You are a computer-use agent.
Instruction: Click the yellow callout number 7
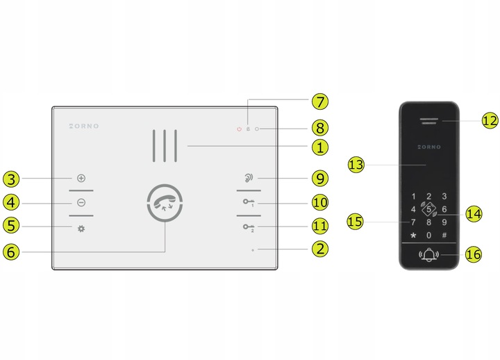(320, 101)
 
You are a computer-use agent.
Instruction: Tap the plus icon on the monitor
(81, 178)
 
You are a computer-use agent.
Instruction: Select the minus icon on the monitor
(81, 202)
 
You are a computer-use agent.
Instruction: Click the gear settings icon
(81, 229)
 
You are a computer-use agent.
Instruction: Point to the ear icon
(249, 178)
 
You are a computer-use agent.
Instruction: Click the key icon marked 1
(249, 202)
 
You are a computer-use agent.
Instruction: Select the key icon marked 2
(249, 227)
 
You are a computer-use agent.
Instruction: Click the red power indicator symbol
(239, 129)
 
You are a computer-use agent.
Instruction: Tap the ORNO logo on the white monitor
(84, 126)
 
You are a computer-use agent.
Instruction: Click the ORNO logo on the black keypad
(429, 147)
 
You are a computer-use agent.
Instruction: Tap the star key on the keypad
(413, 236)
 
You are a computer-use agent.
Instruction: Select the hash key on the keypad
(444, 235)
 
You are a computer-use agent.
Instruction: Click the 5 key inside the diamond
(429, 209)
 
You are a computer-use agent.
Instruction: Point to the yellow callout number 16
(473, 254)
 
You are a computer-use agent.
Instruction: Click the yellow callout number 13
(356, 165)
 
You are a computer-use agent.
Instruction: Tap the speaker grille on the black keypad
(429, 121)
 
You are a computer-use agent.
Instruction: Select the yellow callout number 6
(11, 252)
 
